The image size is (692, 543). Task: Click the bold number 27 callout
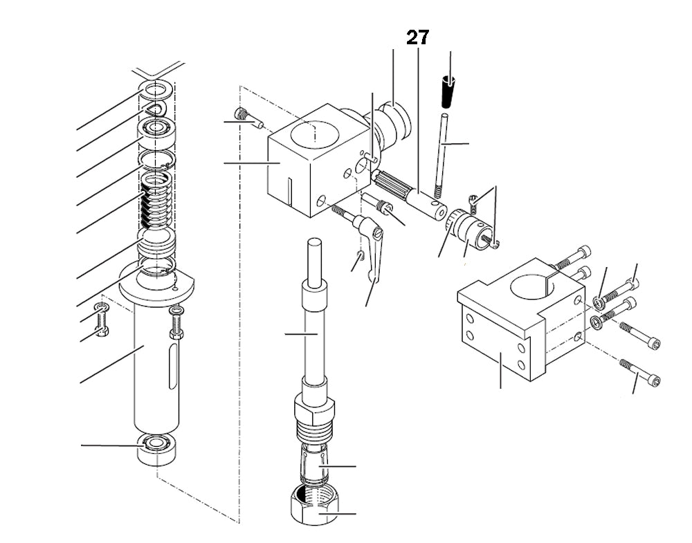417,37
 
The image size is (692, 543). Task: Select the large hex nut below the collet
316,506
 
